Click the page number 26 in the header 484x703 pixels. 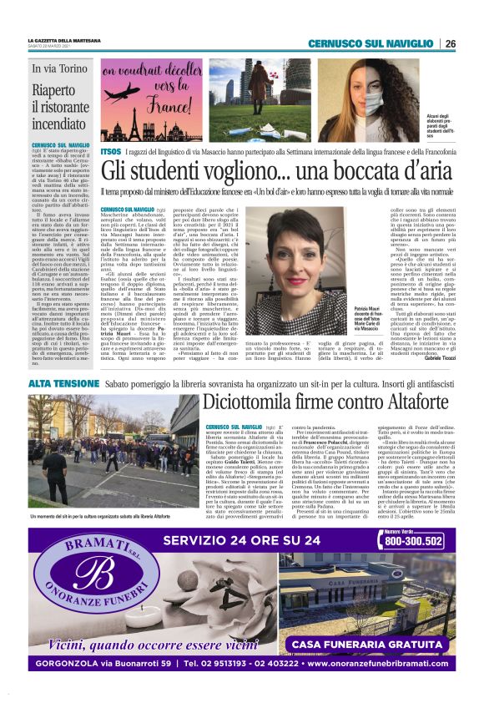[450, 43]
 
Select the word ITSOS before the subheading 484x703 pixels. [110, 152]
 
